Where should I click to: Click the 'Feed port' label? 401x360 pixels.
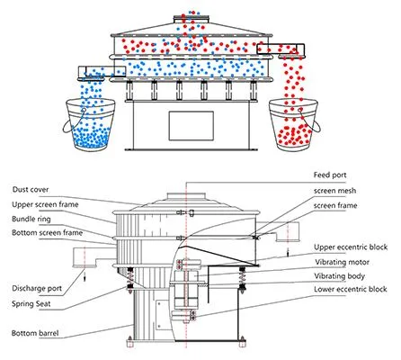point(330,175)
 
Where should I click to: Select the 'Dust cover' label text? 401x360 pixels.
point(31,190)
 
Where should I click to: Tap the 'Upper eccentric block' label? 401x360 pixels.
point(351,247)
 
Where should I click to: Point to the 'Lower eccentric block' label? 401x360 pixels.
point(351,289)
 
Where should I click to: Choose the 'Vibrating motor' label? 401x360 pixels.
point(342,262)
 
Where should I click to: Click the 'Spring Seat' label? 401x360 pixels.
point(31,304)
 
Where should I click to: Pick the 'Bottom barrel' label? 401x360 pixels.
point(35,333)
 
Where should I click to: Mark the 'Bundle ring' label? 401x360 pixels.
point(31,219)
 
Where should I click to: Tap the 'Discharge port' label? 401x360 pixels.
point(37,289)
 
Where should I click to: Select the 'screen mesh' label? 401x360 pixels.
point(335,191)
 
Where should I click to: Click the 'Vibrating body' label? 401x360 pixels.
point(340,276)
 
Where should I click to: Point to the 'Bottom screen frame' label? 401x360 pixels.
point(48,233)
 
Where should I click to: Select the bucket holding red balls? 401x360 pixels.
point(294,125)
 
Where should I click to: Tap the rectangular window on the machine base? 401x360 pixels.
point(192,126)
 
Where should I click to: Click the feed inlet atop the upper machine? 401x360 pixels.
point(192,20)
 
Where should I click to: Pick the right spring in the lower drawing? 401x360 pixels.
point(242,279)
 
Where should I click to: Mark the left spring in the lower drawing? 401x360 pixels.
point(130,279)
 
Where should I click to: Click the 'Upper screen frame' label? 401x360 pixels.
point(45,204)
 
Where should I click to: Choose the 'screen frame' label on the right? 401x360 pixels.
point(335,206)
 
